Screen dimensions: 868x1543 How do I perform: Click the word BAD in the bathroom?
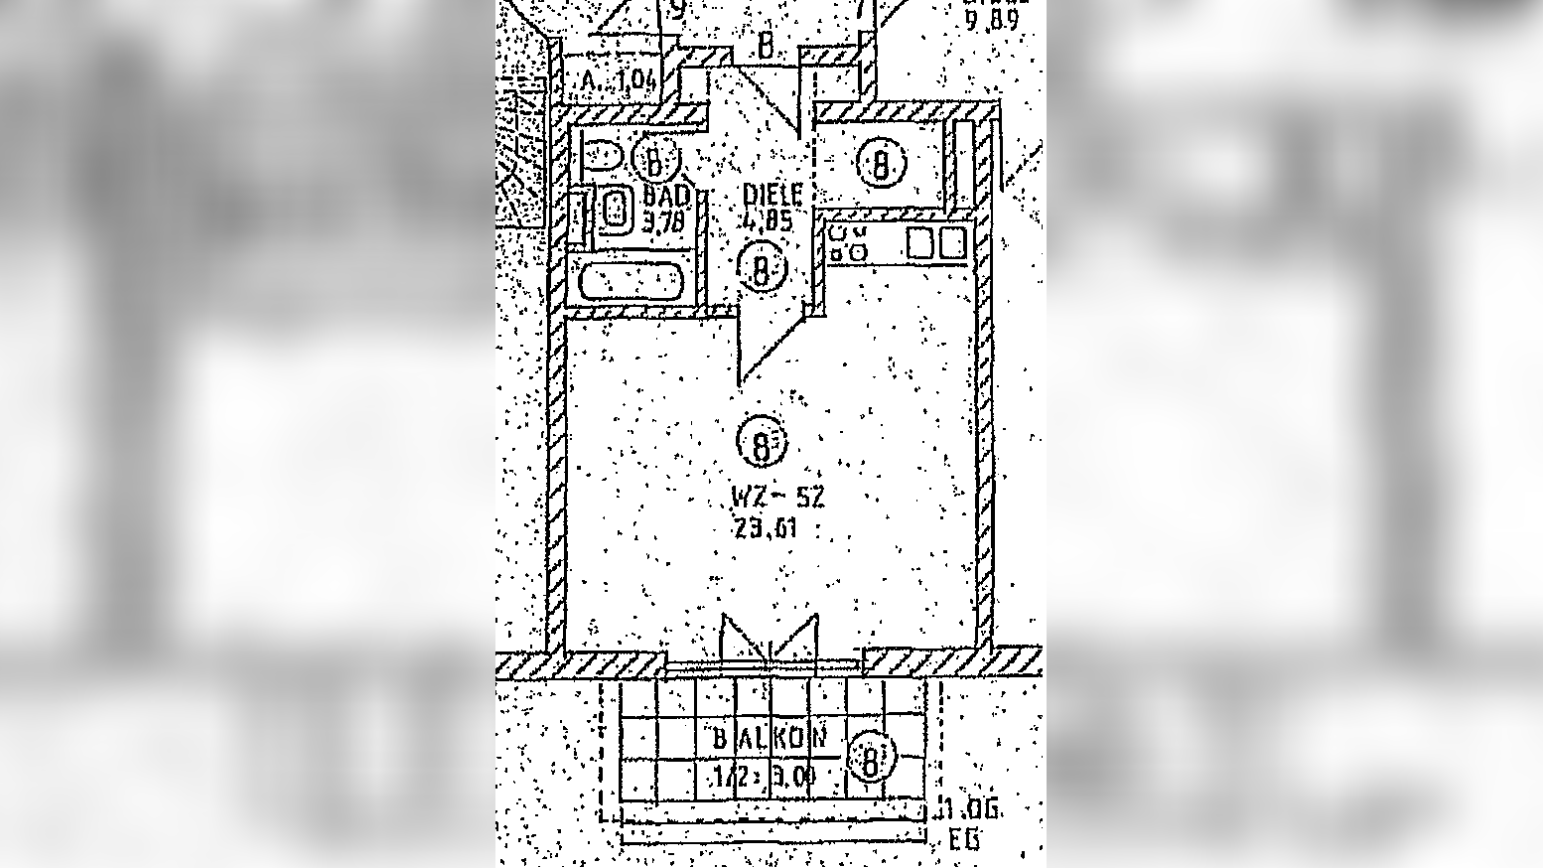tap(665, 195)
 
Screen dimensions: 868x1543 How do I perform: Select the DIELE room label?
tap(771, 196)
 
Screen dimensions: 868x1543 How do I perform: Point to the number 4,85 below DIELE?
tap(768, 220)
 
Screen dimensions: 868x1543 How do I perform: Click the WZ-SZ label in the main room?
tap(777, 498)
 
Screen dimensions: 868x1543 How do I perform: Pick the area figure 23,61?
tap(767, 528)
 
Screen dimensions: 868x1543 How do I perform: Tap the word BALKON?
tap(770, 739)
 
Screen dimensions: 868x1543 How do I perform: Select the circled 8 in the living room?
tap(761, 445)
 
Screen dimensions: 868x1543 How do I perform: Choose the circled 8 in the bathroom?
tap(655, 160)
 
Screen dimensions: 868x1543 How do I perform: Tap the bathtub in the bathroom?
tap(631, 281)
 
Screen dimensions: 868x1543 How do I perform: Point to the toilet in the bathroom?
tap(602, 157)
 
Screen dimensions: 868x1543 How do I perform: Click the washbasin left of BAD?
tap(616, 211)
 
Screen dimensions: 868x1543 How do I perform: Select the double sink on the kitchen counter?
tap(935, 243)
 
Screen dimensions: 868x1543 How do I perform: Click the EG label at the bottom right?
tap(964, 840)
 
